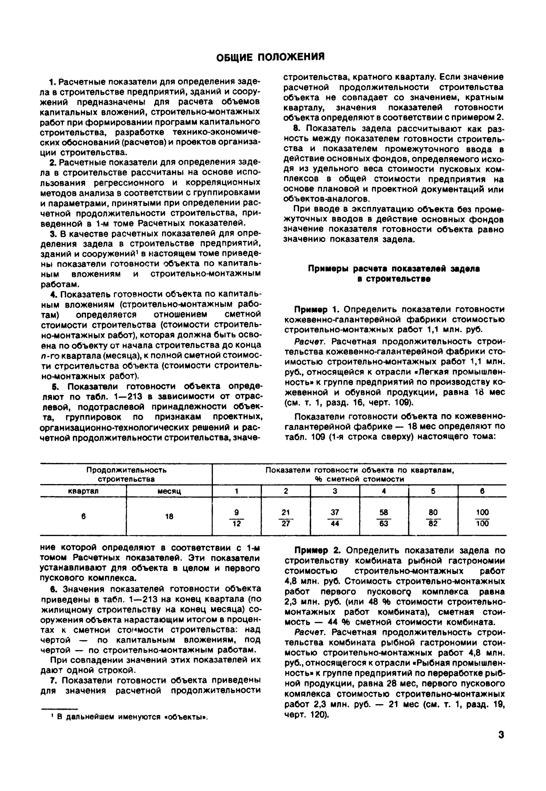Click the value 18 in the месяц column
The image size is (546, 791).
click(169, 517)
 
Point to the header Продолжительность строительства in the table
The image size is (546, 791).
click(126, 474)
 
